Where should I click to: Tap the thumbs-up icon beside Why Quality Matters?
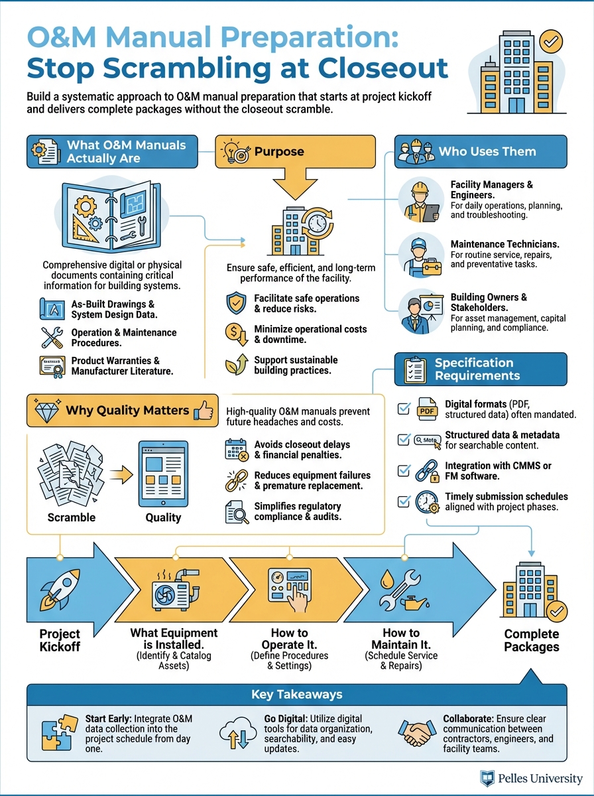click(204, 411)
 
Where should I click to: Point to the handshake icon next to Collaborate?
click(417, 733)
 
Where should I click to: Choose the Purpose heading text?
click(280, 151)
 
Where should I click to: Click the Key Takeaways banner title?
click(296, 695)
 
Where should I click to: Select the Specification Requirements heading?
click(474, 369)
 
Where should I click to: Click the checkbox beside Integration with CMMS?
click(404, 470)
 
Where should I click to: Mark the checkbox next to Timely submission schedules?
click(404, 501)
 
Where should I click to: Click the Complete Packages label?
click(532, 640)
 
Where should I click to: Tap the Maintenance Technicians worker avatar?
click(422, 255)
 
